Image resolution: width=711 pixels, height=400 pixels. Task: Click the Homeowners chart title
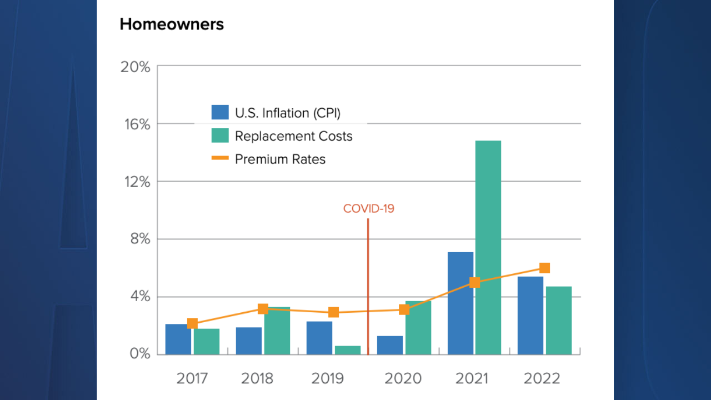click(x=172, y=24)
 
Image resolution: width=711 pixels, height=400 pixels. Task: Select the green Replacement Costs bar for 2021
click(x=488, y=247)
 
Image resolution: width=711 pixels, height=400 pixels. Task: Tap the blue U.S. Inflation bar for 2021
click(x=460, y=303)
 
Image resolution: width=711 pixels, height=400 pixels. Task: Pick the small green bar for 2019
click(x=347, y=350)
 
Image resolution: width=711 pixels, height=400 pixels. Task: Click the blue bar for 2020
click(x=389, y=345)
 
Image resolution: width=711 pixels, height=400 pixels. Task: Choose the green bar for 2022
click(x=558, y=321)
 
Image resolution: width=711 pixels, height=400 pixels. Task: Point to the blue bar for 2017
click(x=178, y=339)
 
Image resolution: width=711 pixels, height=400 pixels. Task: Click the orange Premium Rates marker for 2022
click(x=544, y=268)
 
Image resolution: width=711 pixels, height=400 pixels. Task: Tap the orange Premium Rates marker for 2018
click(x=263, y=309)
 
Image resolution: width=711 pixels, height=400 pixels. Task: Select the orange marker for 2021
click(x=474, y=282)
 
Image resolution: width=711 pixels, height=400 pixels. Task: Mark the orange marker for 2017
click(x=192, y=323)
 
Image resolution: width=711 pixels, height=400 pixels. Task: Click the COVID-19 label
click(x=368, y=209)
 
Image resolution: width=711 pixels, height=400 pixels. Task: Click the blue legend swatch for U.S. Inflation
click(x=220, y=113)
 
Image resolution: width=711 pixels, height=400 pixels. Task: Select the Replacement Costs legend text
click(x=293, y=136)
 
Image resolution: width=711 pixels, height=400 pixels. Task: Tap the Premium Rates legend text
click(x=280, y=159)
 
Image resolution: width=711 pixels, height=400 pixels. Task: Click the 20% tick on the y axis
click(x=136, y=67)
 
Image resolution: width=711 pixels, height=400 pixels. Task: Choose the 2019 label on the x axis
click(x=327, y=379)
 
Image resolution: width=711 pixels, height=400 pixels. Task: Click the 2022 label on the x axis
click(x=542, y=379)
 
